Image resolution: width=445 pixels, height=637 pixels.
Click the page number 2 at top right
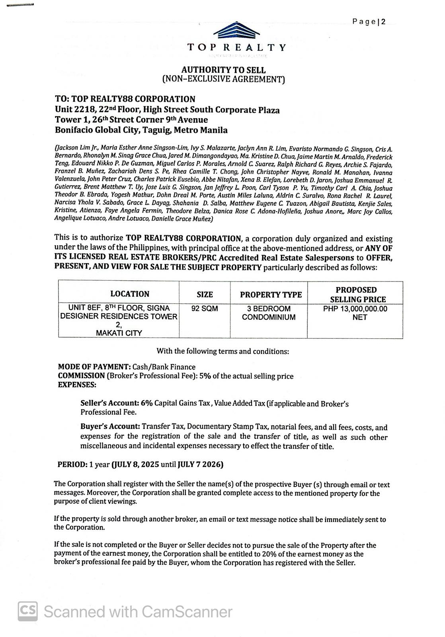coord(383,22)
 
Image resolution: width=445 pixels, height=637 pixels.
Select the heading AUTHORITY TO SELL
coord(223,70)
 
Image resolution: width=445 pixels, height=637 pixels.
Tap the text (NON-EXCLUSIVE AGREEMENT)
coord(223,79)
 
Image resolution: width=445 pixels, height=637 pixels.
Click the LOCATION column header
coord(130,294)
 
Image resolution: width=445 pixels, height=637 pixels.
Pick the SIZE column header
coord(205,294)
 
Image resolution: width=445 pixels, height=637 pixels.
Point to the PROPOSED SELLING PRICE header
coord(356,295)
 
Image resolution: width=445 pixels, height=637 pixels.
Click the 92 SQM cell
coord(205,309)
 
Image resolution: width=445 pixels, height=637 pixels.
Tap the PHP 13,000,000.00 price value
coord(355,309)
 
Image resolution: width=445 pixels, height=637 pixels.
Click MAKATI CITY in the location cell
coord(119,333)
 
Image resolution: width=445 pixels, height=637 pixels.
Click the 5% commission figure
coord(205,376)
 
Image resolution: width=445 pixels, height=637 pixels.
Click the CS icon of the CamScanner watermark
coord(28,611)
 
